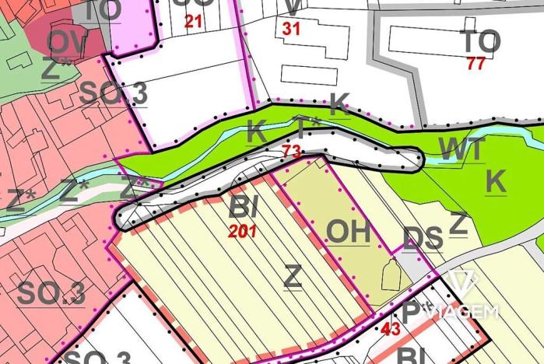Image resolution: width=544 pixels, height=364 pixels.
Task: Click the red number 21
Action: pyautogui.click(x=193, y=22)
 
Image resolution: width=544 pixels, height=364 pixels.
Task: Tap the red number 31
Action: pyautogui.click(x=291, y=28)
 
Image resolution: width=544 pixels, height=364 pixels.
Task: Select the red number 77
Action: pyautogui.click(x=476, y=64)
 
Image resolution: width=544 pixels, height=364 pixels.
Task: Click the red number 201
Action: pyautogui.click(x=244, y=230)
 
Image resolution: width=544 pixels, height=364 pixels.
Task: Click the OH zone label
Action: pyautogui.click(x=347, y=231)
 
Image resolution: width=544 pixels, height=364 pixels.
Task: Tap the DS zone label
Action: pyautogui.click(x=423, y=239)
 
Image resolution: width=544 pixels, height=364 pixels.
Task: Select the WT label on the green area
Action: pyautogui.click(x=462, y=147)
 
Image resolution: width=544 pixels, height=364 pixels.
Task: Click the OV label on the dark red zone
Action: pyautogui.click(x=67, y=42)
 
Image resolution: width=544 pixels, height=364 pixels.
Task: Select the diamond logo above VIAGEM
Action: pyautogui.click(x=465, y=283)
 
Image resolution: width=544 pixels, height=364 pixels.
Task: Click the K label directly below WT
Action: pyautogui.click(x=495, y=181)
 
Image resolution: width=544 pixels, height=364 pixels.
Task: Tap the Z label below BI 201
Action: pyautogui.click(x=292, y=276)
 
